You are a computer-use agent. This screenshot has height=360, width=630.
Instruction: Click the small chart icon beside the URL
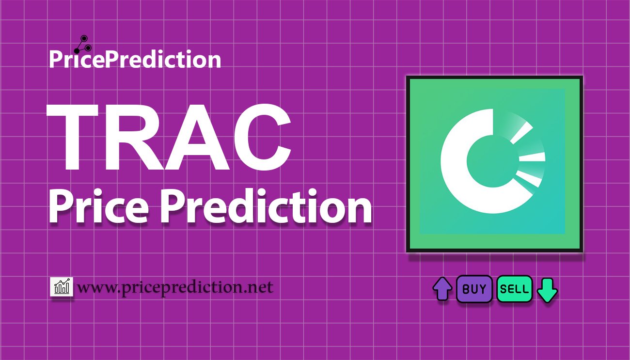62,287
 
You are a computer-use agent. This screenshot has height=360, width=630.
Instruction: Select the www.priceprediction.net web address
175,287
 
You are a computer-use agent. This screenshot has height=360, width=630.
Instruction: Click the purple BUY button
474,289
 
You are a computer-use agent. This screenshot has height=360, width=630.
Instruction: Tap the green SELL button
515,289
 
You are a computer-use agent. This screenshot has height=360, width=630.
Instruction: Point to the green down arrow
548,290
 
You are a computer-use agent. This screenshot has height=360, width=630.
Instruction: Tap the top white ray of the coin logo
522,132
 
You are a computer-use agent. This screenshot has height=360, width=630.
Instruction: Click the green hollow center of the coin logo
486,158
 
